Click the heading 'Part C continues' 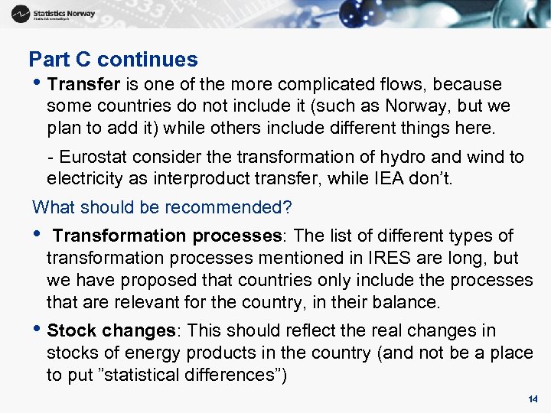point(113,60)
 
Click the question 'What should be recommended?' point(163,207)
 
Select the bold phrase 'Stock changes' point(112,331)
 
